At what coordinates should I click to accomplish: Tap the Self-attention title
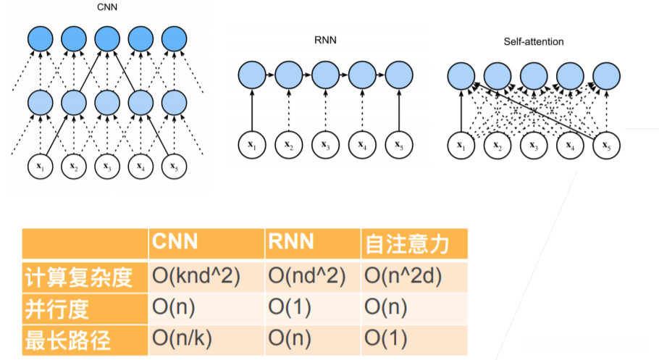click(534, 41)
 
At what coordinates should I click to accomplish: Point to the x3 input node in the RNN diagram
click(324, 145)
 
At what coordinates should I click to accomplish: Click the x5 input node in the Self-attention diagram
click(607, 146)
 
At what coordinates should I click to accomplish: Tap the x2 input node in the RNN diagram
click(288, 145)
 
